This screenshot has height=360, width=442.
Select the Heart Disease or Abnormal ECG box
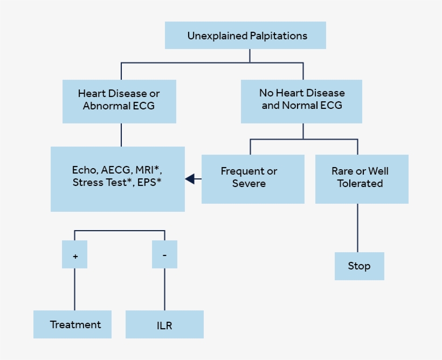119,100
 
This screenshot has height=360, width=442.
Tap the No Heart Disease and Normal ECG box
301,100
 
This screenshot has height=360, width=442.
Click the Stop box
359,266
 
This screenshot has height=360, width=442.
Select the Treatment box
72,324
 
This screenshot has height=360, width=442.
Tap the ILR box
164,324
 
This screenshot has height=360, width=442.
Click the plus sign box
75,255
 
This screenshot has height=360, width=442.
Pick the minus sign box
164,254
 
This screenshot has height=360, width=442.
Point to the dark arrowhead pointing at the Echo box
190,179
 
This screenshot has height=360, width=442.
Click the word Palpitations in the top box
278,36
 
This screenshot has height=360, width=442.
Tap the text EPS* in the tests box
149,183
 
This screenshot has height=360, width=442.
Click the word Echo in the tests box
84,170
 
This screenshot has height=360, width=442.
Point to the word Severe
248,184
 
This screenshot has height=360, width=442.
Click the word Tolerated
360,184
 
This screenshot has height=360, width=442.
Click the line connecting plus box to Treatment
74,289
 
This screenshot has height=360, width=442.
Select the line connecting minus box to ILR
164,289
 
